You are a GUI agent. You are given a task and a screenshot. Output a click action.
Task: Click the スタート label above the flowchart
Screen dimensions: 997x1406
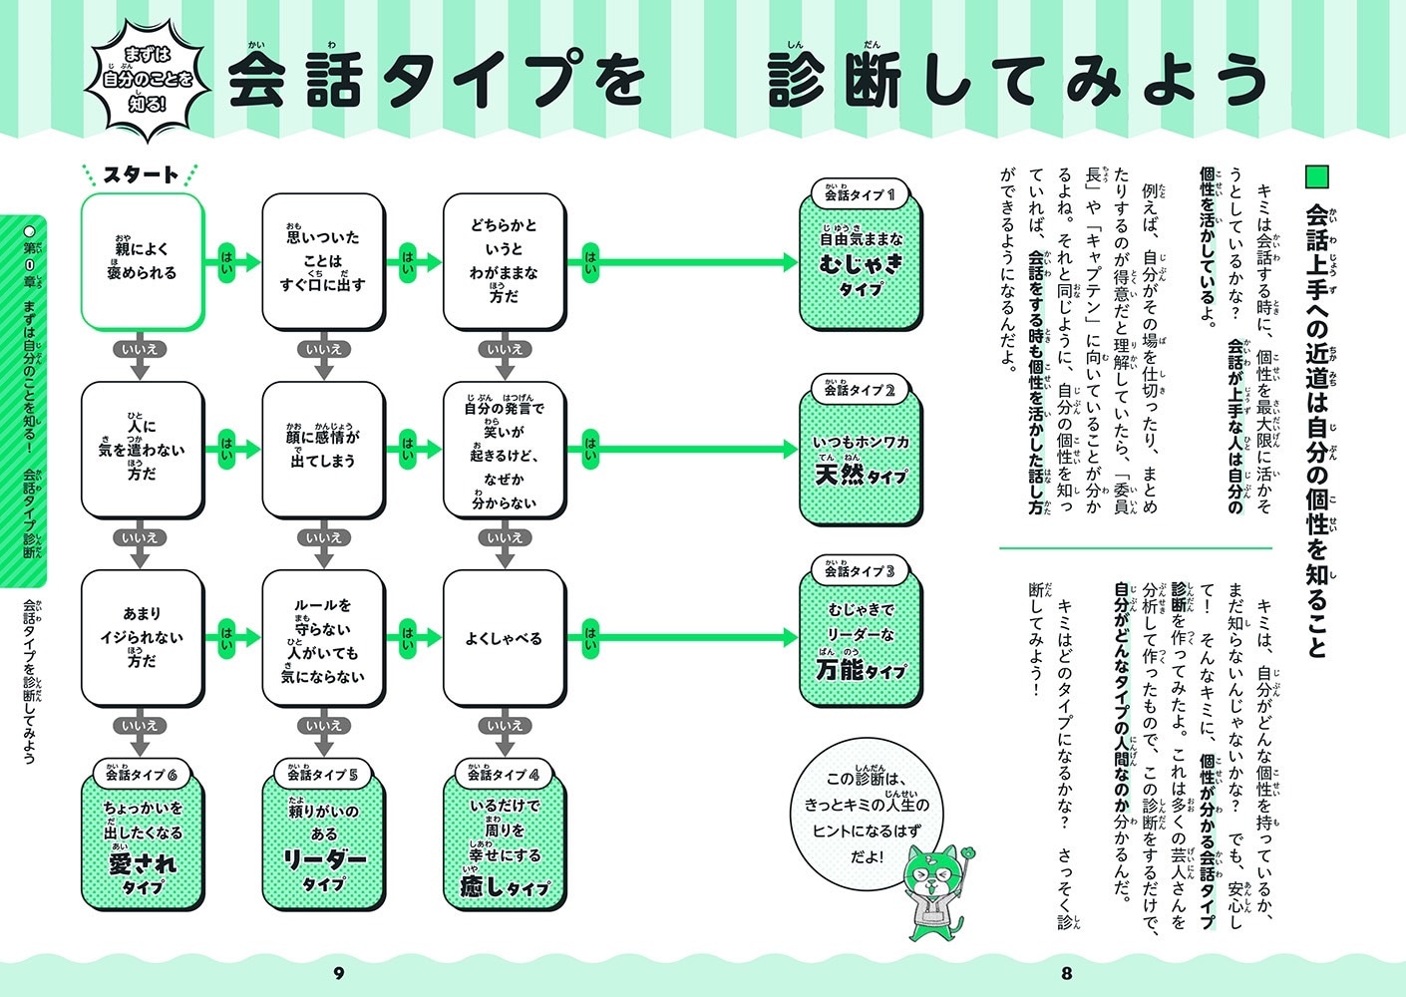pyautogui.click(x=142, y=175)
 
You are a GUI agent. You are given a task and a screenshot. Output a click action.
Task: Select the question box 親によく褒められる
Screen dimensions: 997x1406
pyautogui.click(x=142, y=261)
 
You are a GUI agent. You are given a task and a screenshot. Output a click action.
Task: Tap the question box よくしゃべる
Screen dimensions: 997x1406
pyautogui.click(x=504, y=638)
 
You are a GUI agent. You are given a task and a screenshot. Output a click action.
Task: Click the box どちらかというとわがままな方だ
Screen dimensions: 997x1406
pyautogui.click(x=504, y=261)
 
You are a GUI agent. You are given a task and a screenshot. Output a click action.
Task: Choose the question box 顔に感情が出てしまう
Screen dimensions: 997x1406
pyautogui.click(x=323, y=450)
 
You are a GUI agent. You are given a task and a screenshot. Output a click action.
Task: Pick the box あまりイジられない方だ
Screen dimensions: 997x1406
pyautogui.click(x=142, y=638)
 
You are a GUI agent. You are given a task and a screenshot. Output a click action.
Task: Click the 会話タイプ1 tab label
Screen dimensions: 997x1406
pyautogui.click(x=860, y=195)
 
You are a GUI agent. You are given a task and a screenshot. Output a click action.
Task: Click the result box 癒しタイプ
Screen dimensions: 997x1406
pyautogui.click(x=505, y=847)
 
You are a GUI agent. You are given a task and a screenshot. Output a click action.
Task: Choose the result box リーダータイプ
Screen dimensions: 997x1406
pyautogui.click(x=323, y=847)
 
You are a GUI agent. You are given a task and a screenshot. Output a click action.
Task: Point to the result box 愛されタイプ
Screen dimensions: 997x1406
pyautogui.click(x=143, y=847)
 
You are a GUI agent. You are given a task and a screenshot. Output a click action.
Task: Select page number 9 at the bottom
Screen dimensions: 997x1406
pyautogui.click(x=338, y=973)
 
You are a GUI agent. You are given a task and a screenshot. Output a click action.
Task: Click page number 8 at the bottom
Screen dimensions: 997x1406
pyautogui.click(x=1066, y=973)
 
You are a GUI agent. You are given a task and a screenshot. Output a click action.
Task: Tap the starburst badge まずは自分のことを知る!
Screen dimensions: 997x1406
pyautogui.click(x=149, y=79)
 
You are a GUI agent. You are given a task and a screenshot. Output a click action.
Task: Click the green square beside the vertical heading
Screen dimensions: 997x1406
pyautogui.click(x=1317, y=176)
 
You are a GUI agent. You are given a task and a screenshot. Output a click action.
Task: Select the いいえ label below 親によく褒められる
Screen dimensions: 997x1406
pyautogui.click(x=141, y=350)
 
